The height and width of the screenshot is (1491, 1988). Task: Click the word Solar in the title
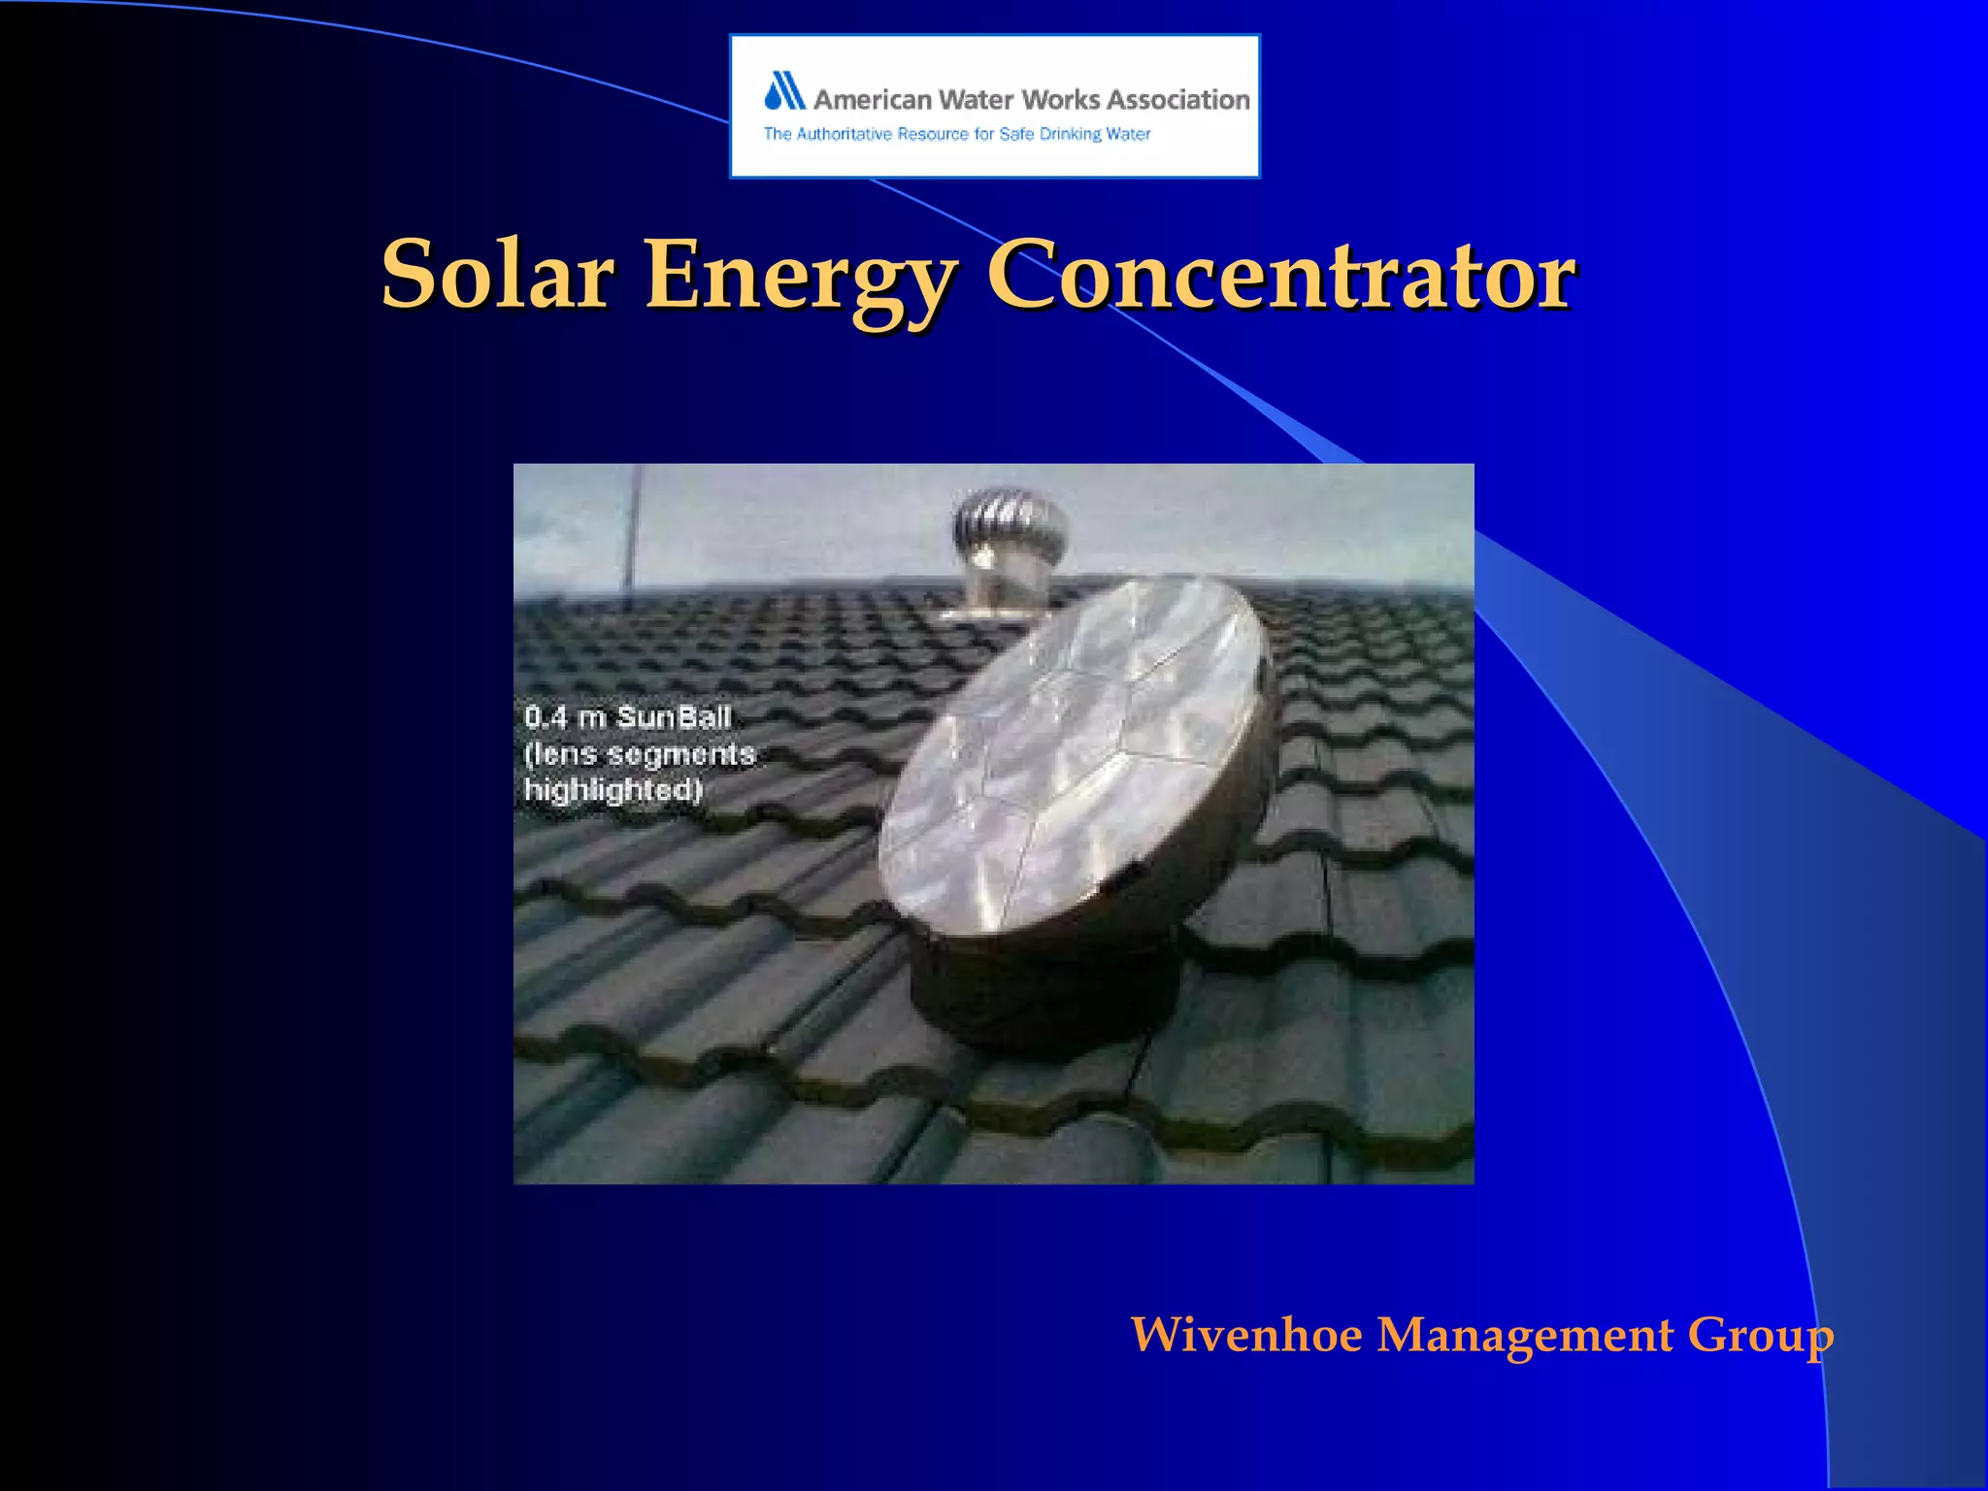click(x=497, y=275)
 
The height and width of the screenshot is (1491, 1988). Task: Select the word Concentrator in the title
click(x=1280, y=275)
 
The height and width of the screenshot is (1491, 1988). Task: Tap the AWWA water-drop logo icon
click(x=785, y=91)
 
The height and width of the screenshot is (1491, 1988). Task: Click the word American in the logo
click(x=872, y=100)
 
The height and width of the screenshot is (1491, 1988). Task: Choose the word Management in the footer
click(x=1525, y=1334)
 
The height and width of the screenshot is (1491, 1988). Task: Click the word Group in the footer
click(x=1760, y=1336)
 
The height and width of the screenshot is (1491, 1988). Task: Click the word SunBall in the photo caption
click(x=674, y=717)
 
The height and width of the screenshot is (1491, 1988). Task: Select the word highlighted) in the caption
click(x=613, y=789)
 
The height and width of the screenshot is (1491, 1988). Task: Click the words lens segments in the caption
click(x=640, y=754)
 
